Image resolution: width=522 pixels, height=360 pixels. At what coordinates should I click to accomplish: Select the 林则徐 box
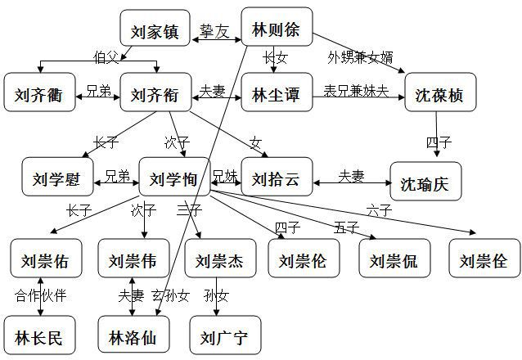coord(277,30)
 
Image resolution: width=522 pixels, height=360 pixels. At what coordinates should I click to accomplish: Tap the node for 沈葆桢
coord(439,95)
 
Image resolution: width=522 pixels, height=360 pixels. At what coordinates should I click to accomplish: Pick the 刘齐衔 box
coord(155,93)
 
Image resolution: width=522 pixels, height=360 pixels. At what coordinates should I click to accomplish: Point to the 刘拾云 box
coord(276,177)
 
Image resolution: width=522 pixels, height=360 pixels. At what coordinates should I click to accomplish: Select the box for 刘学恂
coord(174,177)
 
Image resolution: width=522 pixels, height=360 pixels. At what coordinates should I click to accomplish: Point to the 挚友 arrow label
coord(216,32)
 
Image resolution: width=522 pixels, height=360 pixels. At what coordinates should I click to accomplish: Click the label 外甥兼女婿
coord(360,57)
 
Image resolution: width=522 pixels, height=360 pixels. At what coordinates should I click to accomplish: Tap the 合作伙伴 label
coord(39,295)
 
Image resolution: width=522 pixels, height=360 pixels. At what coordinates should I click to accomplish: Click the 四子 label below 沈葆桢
coord(439,142)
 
